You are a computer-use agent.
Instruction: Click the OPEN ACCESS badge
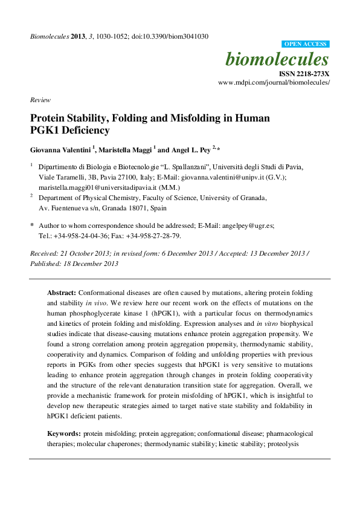(x=306, y=44)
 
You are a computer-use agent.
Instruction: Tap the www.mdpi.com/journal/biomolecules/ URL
(x=274, y=82)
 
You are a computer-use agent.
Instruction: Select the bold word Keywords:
(x=64, y=434)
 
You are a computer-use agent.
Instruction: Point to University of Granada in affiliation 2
(x=231, y=197)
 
